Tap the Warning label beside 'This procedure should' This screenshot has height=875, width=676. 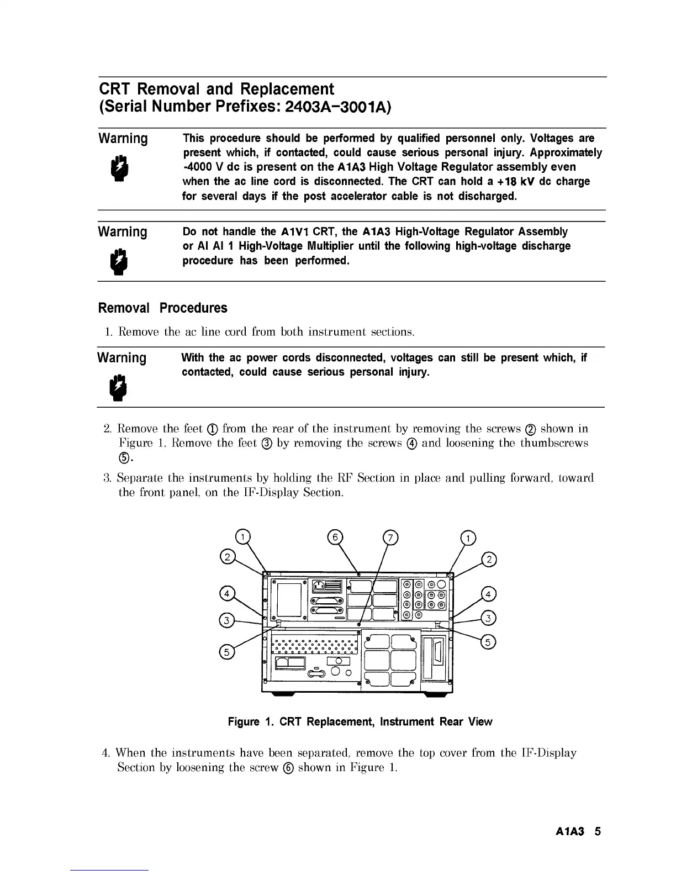coord(123,138)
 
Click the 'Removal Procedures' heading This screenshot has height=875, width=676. coord(162,308)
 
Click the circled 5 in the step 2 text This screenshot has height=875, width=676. coord(123,458)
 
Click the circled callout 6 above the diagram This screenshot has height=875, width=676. coord(335,537)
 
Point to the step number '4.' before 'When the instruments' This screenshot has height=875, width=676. coord(107,752)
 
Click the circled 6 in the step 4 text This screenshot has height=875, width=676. coord(288,767)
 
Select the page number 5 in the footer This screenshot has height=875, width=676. coord(598,831)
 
